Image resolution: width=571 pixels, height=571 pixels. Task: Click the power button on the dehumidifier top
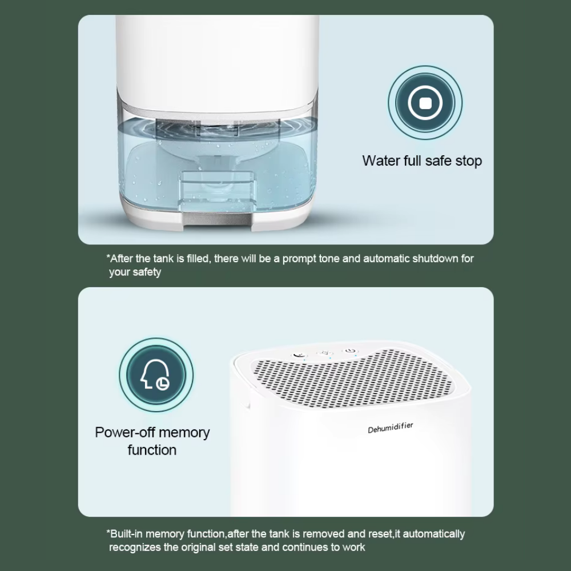pyautogui.click(x=350, y=351)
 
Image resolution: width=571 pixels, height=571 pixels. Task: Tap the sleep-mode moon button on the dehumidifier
pyautogui.click(x=299, y=355)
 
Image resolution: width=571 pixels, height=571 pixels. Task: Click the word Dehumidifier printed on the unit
pyautogui.click(x=391, y=428)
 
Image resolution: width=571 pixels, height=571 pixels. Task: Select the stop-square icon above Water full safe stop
pyautogui.click(x=425, y=103)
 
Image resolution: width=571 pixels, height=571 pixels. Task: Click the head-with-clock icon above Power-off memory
pyautogui.click(x=156, y=375)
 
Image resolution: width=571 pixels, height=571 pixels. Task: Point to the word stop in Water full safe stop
pyautogui.click(x=468, y=161)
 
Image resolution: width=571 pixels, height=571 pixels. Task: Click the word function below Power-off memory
pyautogui.click(x=152, y=450)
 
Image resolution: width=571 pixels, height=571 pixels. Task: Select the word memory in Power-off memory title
pyautogui.click(x=184, y=433)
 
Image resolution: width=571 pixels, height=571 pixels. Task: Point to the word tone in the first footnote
pyautogui.click(x=329, y=259)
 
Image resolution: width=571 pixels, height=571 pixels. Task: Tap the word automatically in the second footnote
pyautogui.click(x=434, y=534)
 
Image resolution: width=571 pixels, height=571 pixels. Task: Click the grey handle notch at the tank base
pyautogui.click(x=217, y=220)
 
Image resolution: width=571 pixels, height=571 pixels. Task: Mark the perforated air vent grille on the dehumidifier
pyautogui.click(x=352, y=378)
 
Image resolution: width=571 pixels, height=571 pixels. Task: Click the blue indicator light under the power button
pyautogui.click(x=355, y=356)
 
